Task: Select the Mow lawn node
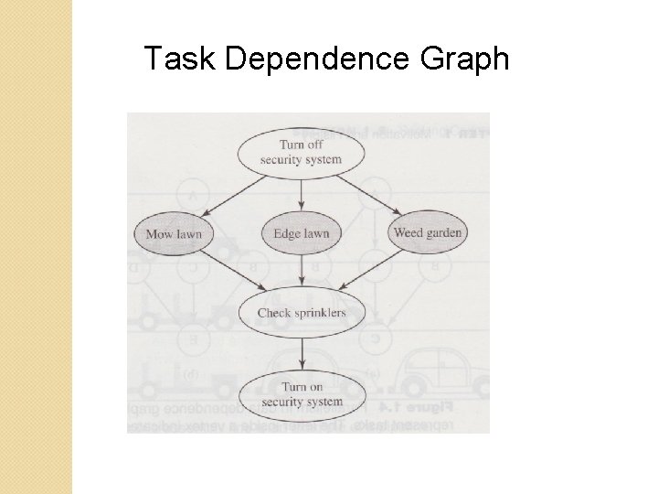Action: click(x=173, y=233)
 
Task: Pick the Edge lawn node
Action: click(x=301, y=233)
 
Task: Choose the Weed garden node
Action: click(x=427, y=232)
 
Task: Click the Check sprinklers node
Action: click(x=301, y=313)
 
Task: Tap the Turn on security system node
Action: click(x=301, y=394)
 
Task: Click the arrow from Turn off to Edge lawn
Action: click(x=301, y=194)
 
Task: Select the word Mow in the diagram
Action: click(x=158, y=233)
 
